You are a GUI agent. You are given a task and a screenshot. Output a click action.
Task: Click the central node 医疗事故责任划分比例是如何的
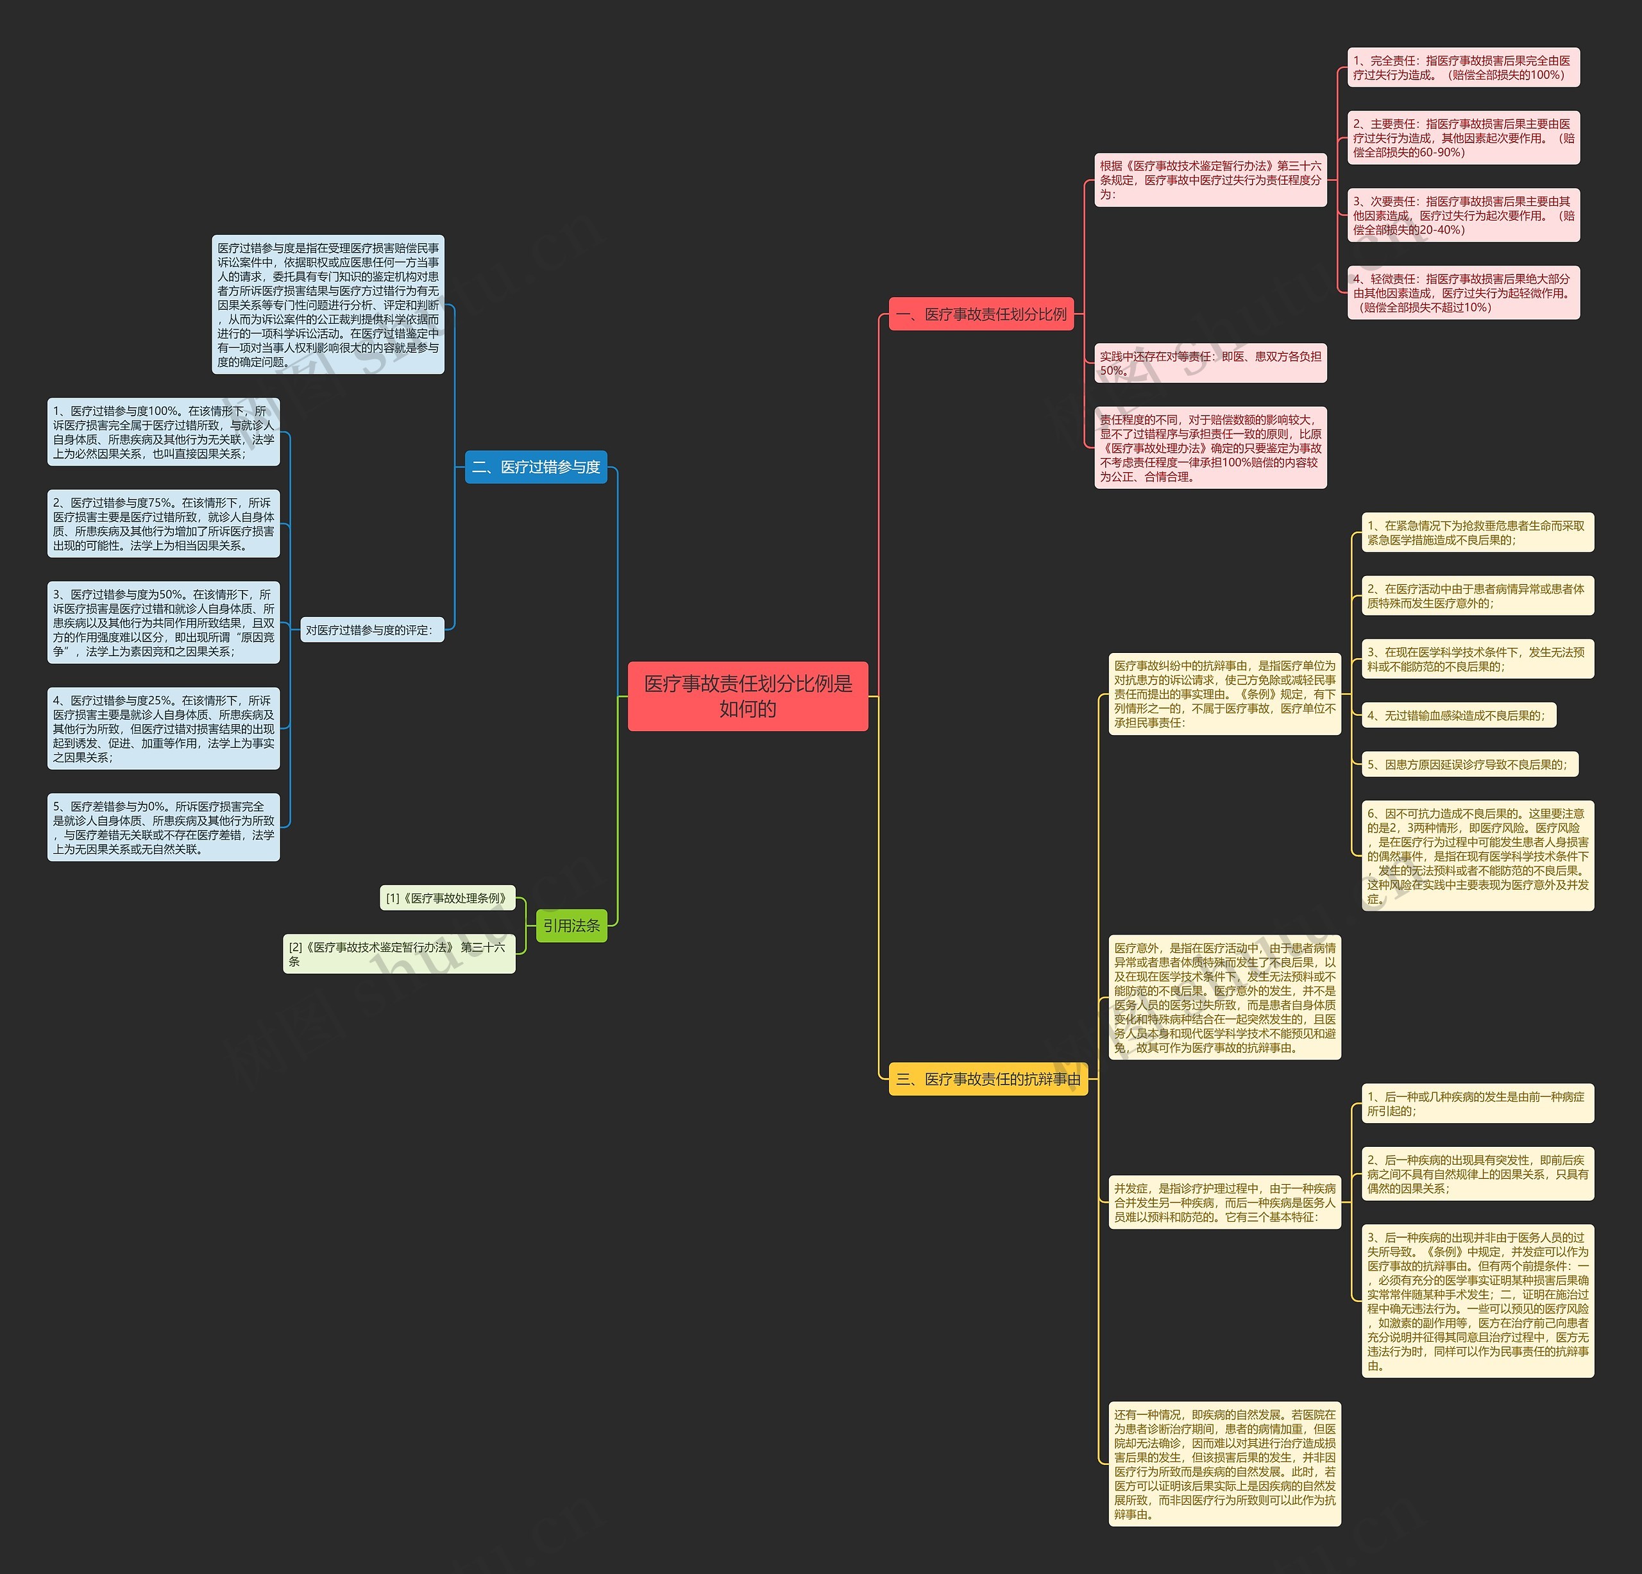[747, 696]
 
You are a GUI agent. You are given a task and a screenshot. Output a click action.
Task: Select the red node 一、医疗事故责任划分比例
[981, 314]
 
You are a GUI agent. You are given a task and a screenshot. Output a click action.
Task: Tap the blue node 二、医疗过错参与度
[536, 466]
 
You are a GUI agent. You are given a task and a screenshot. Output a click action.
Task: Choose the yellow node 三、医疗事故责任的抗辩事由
[988, 1079]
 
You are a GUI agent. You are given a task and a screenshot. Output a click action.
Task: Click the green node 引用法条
[571, 926]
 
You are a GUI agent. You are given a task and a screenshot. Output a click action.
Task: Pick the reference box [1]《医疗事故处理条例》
[446, 898]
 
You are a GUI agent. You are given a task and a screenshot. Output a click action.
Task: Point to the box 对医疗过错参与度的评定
[371, 630]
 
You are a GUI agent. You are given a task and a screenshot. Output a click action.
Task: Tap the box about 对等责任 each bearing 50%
[1210, 363]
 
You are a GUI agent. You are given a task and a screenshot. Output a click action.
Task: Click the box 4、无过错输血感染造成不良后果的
[1458, 715]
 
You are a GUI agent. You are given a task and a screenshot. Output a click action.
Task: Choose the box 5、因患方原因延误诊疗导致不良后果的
[1469, 764]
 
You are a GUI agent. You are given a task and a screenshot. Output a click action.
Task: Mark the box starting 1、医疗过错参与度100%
[164, 432]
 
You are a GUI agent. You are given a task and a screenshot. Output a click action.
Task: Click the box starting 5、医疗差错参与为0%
[164, 827]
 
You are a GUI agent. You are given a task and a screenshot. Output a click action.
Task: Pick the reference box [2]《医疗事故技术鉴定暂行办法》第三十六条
[399, 954]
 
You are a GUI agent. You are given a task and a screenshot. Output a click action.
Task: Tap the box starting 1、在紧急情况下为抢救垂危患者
[1477, 533]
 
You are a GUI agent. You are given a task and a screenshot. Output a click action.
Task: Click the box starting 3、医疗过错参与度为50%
[164, 622]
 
